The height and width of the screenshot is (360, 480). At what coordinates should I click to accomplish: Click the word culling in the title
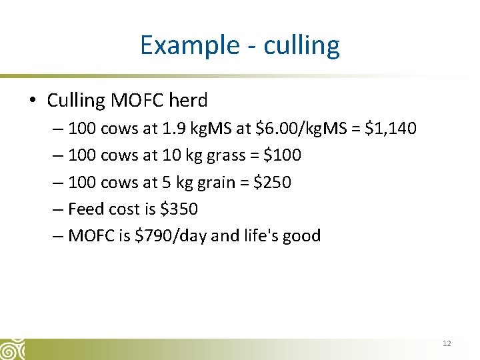click(x=302, y=45)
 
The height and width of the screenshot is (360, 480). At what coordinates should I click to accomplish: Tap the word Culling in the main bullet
click(x=76, y=101)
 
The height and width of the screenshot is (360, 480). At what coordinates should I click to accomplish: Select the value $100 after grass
click(x=283, y=155)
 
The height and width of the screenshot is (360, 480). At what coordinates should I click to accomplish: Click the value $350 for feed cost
click(x=179, y=209)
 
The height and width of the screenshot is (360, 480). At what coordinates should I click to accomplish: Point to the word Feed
click(x=86, y=209)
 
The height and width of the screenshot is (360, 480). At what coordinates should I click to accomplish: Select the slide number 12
click(x=447, y=343)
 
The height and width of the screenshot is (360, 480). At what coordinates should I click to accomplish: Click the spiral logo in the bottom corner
click(x=12, y=349)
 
